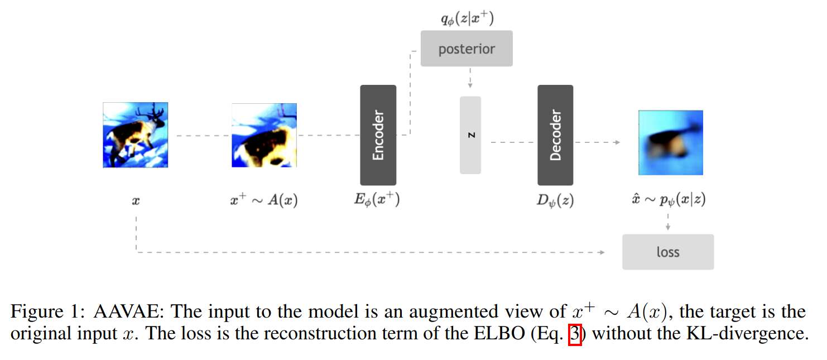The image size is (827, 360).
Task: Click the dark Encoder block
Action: [378, 135]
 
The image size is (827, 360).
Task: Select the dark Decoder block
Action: [555, 135]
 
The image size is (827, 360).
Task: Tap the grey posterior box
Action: [467, 49]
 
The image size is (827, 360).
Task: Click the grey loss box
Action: [668, 252]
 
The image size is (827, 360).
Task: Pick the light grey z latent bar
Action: [470, 135]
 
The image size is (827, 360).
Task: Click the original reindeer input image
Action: [136, 135]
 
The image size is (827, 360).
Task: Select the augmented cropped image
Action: [264, 135]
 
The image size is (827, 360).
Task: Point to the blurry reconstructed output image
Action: [670, 142]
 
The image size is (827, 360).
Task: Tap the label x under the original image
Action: [136, 201]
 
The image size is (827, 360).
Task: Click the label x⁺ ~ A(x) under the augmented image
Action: [263, 200]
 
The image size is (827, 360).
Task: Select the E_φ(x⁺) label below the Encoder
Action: [377, 200]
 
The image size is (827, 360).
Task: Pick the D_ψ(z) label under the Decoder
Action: [555, 200]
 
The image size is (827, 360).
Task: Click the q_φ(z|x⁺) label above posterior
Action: [467, 18]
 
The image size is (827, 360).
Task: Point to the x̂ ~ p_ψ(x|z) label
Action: [669, 200]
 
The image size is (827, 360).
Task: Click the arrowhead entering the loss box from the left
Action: [602, 252]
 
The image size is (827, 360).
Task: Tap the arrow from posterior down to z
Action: [470, 78]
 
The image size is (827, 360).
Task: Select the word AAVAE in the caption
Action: [128, 311]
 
